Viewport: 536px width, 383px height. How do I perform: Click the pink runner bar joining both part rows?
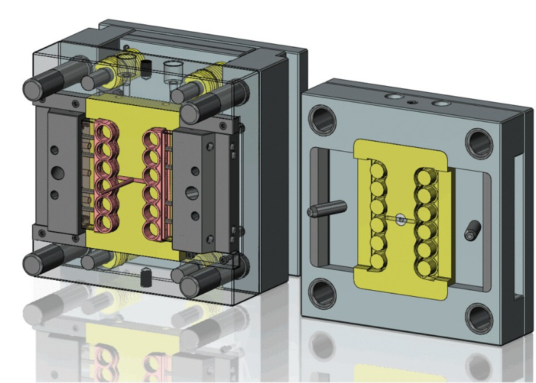[x=129, y=181]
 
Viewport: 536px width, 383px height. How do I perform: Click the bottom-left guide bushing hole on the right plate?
[x=320, y=292]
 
